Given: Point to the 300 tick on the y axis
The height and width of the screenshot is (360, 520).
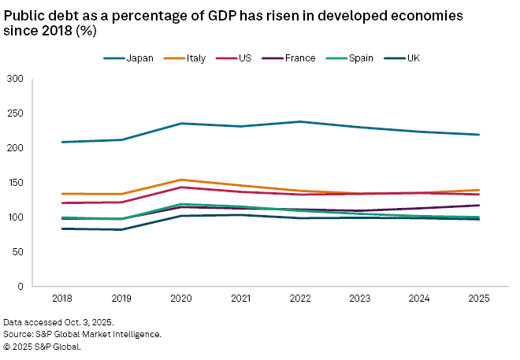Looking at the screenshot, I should [x=15, y=79].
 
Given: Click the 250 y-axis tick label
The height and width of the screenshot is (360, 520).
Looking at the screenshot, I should [x=15, y=113].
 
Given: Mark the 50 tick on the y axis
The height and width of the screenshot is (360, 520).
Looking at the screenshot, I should [x=18, y=252].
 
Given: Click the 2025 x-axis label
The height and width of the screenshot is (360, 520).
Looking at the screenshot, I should [x=478, y=299].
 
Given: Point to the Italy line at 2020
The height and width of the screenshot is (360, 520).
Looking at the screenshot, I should [x=180, y=180].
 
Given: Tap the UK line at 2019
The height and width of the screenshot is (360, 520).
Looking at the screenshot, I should [x=121, y=229].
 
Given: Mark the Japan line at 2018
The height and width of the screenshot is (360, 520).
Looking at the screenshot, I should [x=61, y=142].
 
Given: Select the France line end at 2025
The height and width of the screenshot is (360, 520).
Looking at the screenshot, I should [x=478, y=205].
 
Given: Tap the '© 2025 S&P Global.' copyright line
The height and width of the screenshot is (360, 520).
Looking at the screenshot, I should [x=42, y=345].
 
